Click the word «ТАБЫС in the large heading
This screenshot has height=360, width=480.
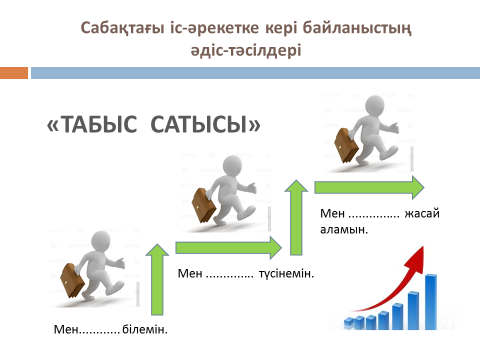coord(92,124)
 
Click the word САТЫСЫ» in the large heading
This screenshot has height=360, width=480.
coord(205,124)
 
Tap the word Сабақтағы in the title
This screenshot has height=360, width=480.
coord(122,28)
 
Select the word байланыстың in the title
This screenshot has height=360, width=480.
coord(357,28)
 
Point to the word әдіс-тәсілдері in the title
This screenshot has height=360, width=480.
coord(246,51)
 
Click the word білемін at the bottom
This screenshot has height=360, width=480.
coord(145,329)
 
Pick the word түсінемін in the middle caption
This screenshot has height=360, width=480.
coord(286,274)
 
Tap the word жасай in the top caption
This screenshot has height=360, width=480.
coord(422,213)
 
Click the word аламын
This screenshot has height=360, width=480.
coord(344,230)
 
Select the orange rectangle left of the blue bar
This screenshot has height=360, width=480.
coord(14,73)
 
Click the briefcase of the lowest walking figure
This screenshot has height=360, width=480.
coord(72,280)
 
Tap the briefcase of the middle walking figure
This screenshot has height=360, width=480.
coord(204,205)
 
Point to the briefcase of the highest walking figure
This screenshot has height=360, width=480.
coord(347,145)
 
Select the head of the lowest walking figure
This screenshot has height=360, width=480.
coord(101,241)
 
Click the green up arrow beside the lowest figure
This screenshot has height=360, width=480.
coord(157,279)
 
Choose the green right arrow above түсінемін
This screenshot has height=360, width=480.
coord(229,248)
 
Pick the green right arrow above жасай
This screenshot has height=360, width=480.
coord(369,187)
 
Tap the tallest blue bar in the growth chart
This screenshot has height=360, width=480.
coord(431,302)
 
